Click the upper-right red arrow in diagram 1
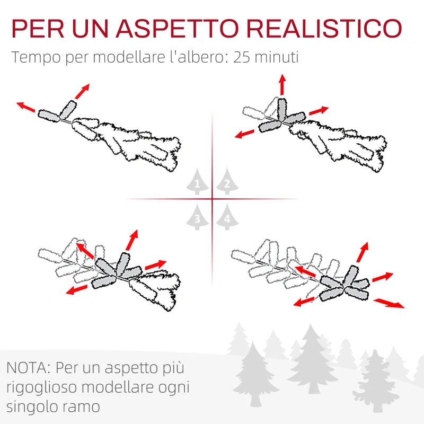point(82,91)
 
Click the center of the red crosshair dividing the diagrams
point(212,199)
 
